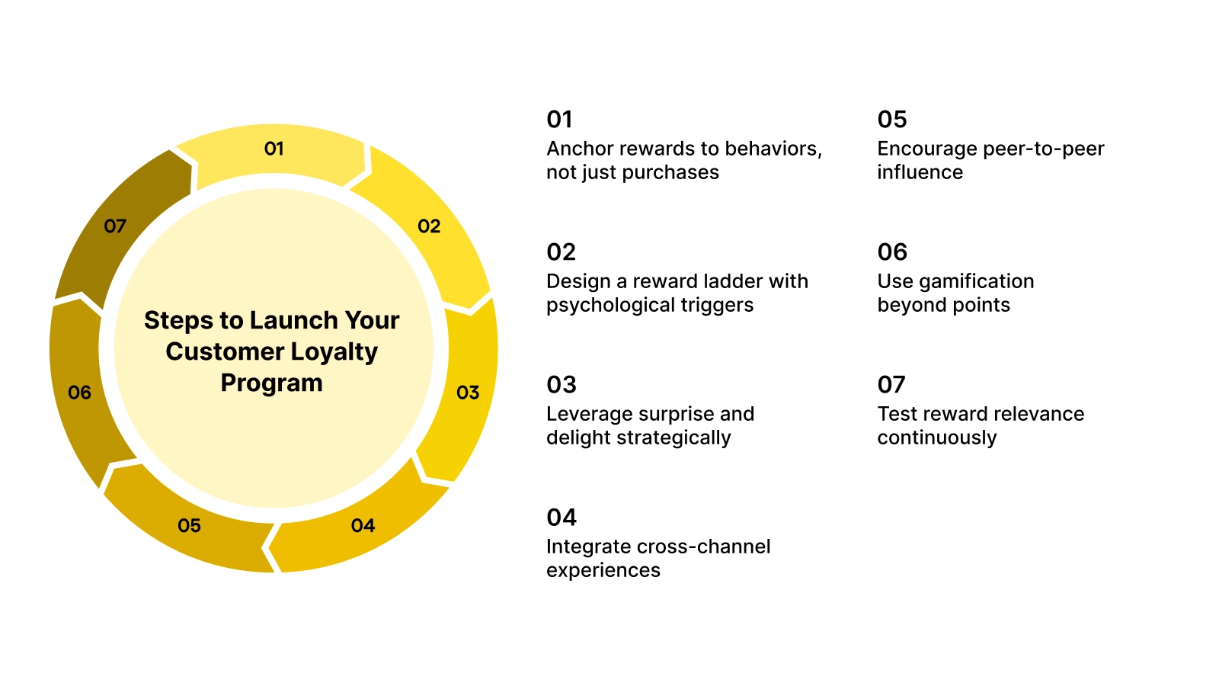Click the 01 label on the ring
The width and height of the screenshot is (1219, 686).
click(x=274, y=149)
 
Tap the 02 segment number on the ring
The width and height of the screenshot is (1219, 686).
click(x=429, y=226)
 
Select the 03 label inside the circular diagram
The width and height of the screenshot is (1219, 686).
click(x=468, y=393)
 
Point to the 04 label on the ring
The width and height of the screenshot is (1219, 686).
click(x=363, y=526)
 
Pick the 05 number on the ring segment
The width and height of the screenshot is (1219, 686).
click(x=189, y=526)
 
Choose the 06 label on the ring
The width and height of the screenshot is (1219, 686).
click(x=79, y=393)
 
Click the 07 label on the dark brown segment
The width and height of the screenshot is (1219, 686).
click(x=115, y=226)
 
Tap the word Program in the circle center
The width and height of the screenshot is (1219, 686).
click(x=271, y=383)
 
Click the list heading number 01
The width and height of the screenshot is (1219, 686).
click(x=559, y=120)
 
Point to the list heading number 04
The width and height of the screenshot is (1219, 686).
click(x=562, y=518)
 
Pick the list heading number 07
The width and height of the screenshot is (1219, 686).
click(x=891, y=385)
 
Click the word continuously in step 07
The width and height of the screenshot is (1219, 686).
click(x=936, y=438)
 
